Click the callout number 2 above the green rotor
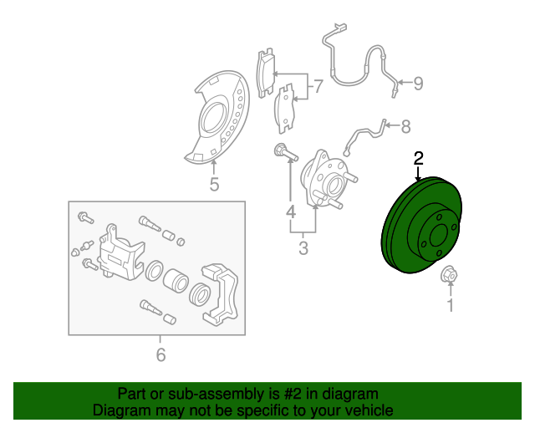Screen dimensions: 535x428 (418, 158)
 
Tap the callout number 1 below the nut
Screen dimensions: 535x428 (451, 305)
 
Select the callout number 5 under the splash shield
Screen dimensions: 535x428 (214, 184)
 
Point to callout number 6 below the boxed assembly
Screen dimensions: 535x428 (160, 355)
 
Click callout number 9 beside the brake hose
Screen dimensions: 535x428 (418, 84)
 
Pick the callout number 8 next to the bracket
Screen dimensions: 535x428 (405, 126)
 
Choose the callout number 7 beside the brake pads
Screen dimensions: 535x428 (318, 86)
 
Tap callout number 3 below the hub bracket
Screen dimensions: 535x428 (303, 247)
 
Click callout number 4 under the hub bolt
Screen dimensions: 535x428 (291, 211)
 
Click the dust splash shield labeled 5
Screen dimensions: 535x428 (217, 117)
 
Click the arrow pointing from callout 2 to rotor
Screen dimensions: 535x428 (418, 174)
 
